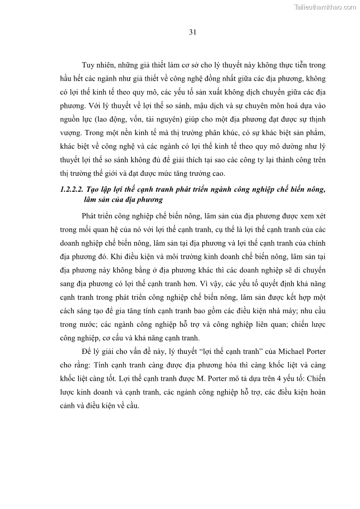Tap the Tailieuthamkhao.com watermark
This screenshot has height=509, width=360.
pos(325,7)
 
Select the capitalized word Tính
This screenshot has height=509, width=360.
pos(111,364)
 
